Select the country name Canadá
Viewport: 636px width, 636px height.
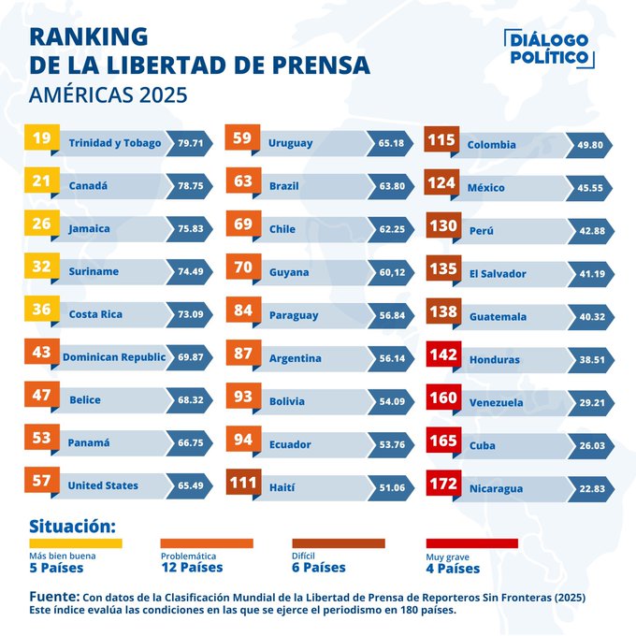88,186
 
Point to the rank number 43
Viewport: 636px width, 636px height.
41,354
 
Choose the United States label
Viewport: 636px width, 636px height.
102,485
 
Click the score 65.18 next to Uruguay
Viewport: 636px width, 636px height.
392,143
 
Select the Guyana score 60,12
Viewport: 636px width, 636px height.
392,272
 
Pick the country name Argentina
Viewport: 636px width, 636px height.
295,358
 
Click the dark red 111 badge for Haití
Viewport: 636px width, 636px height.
243,484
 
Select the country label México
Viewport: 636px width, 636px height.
486,188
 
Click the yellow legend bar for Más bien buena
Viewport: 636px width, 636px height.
75,542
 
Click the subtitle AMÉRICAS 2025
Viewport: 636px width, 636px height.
108,94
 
